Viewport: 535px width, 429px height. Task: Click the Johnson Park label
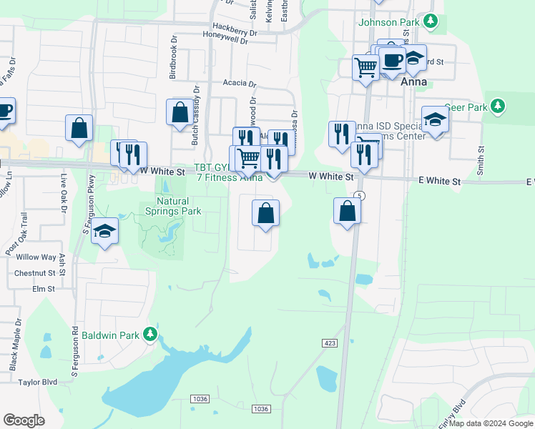[388, 22]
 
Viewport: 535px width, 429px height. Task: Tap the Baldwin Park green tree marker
[149, 334]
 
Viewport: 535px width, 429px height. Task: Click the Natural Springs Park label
[173, 206]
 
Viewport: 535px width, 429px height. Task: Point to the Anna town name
[414, 82]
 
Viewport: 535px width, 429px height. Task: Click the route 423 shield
[330, 344]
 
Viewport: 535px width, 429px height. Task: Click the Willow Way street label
[36, 257]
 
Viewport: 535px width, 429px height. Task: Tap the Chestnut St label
[35, 273]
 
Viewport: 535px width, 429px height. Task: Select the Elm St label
[43, 289]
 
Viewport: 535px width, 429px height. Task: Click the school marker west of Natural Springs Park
[104, 232]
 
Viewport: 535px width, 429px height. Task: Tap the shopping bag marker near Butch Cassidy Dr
[180, 113]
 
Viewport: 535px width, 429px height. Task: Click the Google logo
[24, 420]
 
